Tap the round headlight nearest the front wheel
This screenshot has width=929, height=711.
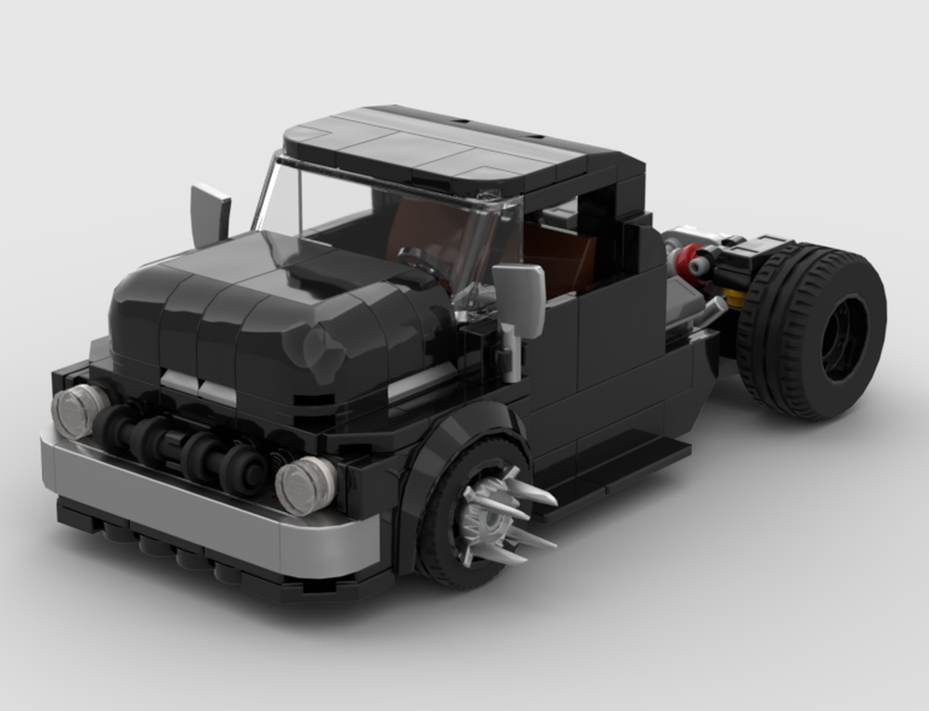tap(306, 484)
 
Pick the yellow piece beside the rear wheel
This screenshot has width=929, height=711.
tap(734, 297)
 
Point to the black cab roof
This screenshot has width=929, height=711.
tap(446, 149)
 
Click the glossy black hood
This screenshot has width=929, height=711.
tap(269, 307)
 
